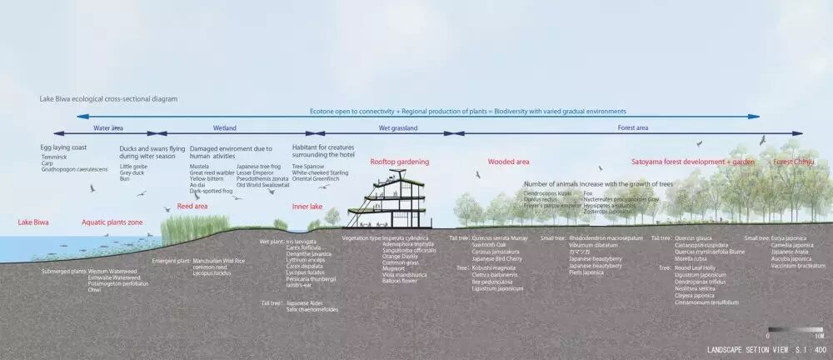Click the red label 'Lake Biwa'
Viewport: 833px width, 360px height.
click(32, 222)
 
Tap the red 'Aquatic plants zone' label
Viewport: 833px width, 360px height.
click(112, 222)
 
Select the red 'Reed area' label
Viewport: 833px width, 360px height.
click(192, 206)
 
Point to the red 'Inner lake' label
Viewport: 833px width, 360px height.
click(307, 206)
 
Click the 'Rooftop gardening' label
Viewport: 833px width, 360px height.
click(400, 161)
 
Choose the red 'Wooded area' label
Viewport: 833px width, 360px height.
click(508, 161)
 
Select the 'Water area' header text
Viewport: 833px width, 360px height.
click(108, 128)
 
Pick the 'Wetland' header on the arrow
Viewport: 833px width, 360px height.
click(225, 128)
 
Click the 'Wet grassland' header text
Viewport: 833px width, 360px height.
click(398, 128)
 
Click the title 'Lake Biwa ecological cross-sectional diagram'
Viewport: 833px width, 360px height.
click(108, 98)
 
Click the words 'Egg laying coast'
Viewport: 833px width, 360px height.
click(63, 147)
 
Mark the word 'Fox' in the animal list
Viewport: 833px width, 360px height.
click(588, 193)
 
